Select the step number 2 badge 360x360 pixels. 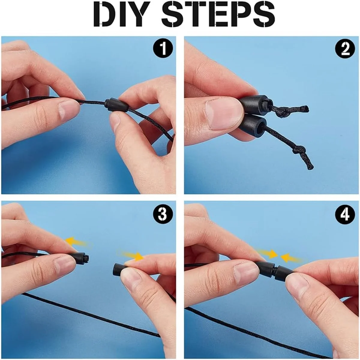point(345,49)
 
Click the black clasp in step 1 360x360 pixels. point(116,106)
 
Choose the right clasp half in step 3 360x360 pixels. point(120,271)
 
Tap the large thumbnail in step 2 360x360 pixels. point(224,114)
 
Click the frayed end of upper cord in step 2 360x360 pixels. point(304,109)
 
